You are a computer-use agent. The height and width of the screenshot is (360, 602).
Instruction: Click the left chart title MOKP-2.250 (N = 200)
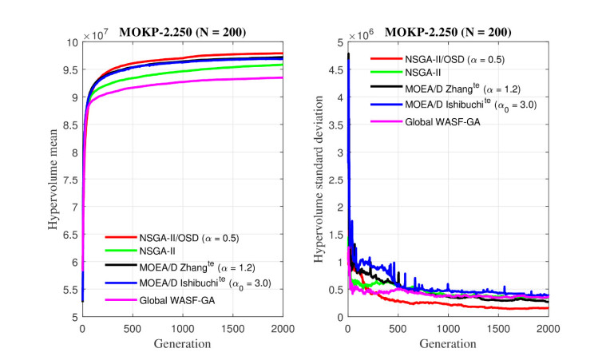pos(183,32)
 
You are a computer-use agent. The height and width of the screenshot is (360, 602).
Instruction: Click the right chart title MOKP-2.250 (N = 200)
pos(448,32)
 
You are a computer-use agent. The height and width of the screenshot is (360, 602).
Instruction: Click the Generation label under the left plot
pos(182,343)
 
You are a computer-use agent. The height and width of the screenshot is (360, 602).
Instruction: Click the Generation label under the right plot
pos(448,343)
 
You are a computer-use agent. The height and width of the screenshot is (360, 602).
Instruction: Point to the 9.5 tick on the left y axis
pos(70,69)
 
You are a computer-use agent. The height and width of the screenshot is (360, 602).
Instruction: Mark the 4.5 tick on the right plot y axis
pos(337,69)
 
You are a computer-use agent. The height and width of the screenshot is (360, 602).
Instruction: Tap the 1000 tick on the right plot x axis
pos(448,326)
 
